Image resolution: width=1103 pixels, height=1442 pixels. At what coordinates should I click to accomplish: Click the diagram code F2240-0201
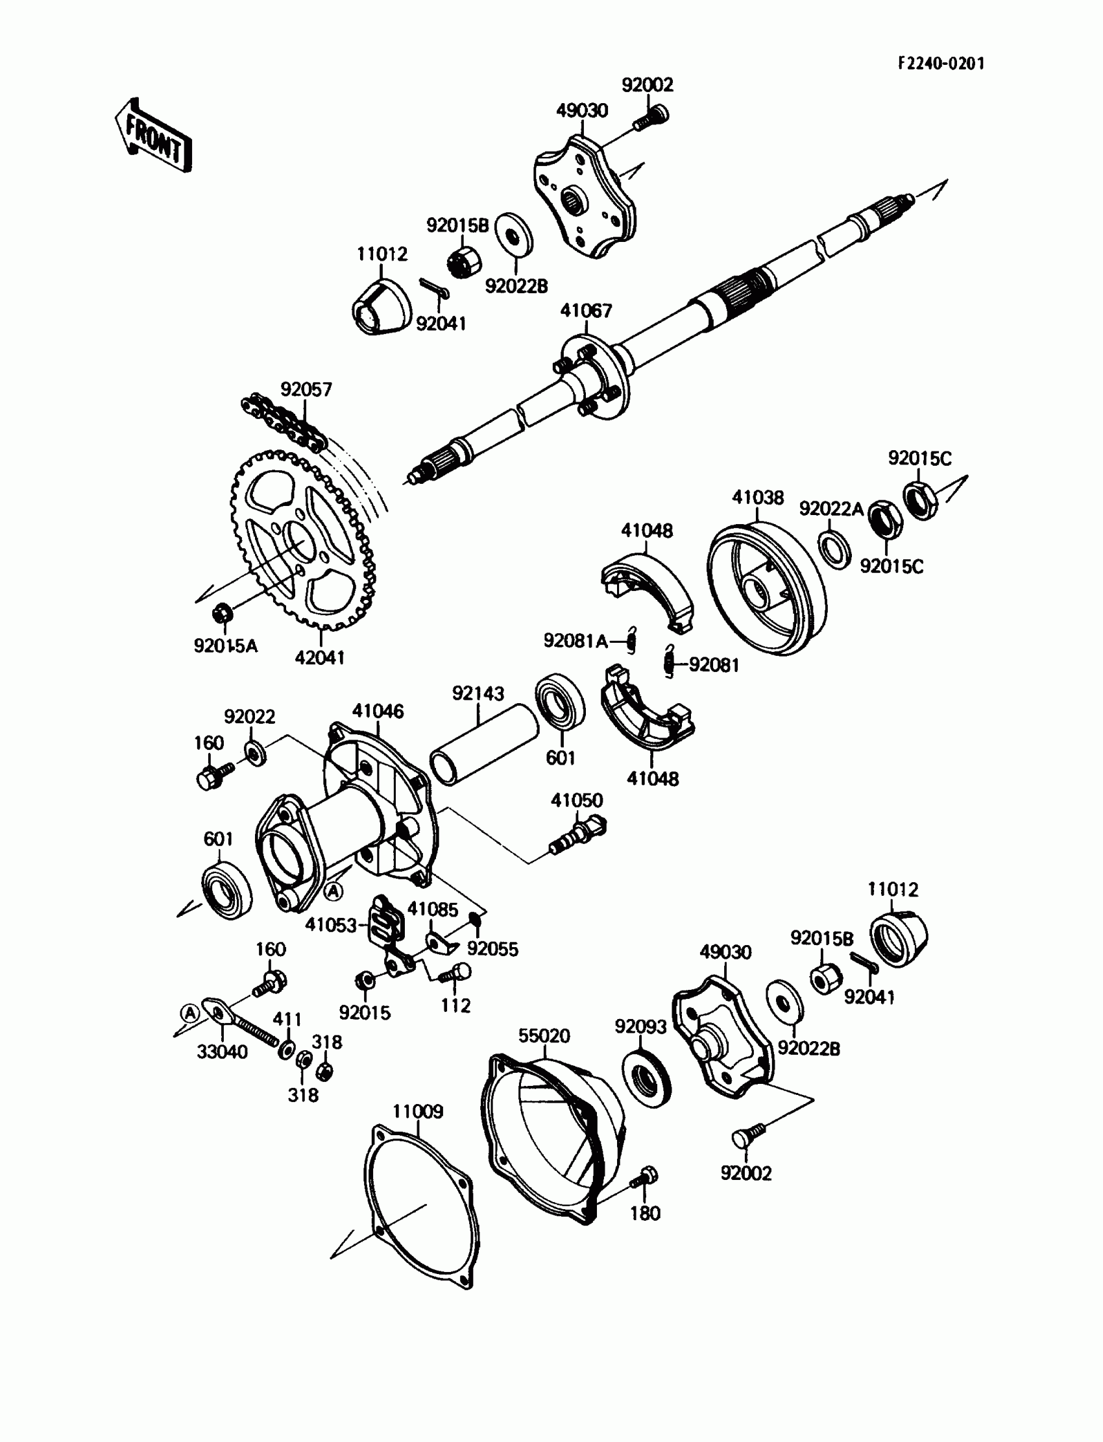click(x=941, y=63)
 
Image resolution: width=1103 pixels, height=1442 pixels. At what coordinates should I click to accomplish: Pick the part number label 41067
click(x=586, y=311)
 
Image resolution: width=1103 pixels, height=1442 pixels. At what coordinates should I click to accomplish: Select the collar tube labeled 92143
click(x=484, y=744)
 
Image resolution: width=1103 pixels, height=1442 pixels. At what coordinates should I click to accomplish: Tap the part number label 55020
click(x=544, y=1036)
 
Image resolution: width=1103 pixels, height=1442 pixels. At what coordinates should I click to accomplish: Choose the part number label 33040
click(x=223, y=1051)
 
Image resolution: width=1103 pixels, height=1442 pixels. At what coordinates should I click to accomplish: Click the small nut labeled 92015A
click(x=221, y=614)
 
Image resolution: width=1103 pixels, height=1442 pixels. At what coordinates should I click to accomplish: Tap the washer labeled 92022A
click(x=834, y=550)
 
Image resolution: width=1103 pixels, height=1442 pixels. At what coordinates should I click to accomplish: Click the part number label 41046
click(x=378, y=711)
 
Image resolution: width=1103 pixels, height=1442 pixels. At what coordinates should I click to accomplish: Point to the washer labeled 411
click(x=287, y=1048)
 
